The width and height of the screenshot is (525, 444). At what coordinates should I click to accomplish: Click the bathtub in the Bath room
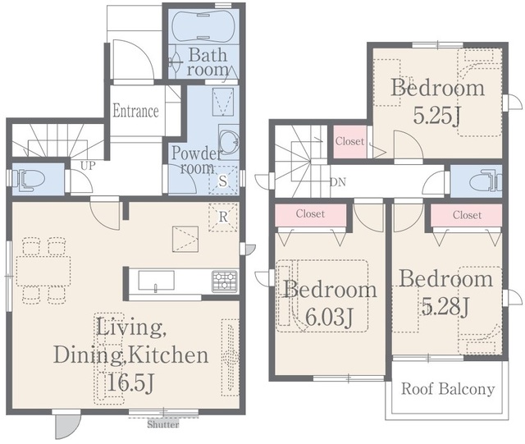click(x=203, y=26)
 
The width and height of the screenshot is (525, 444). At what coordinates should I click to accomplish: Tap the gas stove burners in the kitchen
click(x=224, y=281)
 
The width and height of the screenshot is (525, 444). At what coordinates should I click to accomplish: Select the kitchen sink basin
click(x=157, y=281)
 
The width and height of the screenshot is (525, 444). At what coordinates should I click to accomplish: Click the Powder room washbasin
click(x=229, y=140)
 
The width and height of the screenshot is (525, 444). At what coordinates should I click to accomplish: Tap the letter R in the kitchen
click(x=223, y=217)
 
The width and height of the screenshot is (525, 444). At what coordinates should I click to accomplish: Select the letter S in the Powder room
click(x=222, y=181)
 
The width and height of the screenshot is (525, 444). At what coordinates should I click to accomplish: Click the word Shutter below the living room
click(x=163, y=424)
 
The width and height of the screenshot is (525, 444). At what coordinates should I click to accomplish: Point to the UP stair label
click(x=88, y=166)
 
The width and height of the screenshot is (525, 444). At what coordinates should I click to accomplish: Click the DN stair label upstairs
click(x=338, y=182)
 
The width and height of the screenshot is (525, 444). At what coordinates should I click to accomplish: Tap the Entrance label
click(x=135, y=111)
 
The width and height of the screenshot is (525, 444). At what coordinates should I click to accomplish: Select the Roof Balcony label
click(x=448, y=389)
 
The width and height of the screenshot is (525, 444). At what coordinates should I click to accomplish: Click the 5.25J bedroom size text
click(x=436, y=116)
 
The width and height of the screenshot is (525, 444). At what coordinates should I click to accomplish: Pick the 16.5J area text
click(x=130, y=382)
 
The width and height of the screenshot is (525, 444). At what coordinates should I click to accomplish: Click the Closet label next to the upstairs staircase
click(x=349, y=141)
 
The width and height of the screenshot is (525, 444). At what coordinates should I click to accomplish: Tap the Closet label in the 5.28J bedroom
click(x=467, y=215)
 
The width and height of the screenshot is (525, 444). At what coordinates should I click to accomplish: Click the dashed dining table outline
click(x=43, y=271)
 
